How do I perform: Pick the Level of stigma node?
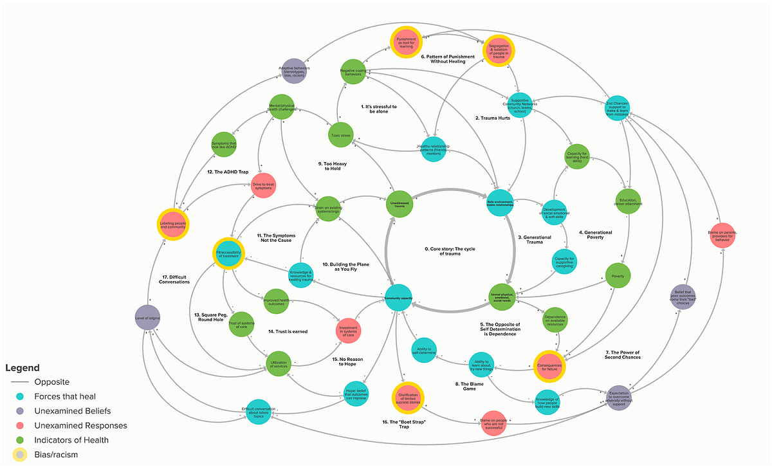[x=149, y=317]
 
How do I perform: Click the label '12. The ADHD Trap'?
[x=227, y=172]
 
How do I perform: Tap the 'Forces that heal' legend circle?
[x=22, y=396]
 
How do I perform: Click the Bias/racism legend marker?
[x=22, y=455]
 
